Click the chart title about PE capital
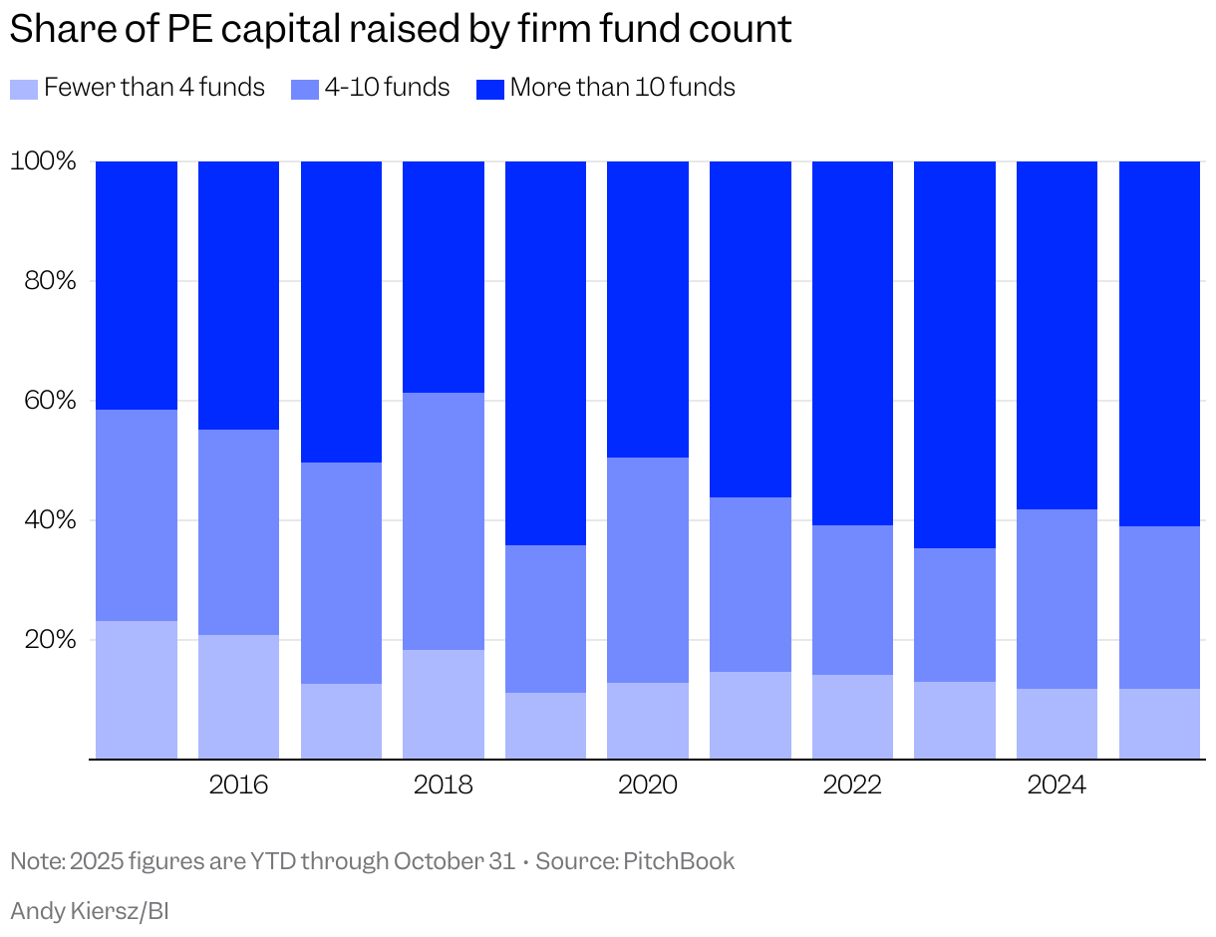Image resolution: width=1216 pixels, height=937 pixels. [x=401, y=29]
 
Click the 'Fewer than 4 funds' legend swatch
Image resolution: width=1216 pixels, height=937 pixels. [x=24, y=89]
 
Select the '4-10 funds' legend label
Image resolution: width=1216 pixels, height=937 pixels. [x=387, y=88]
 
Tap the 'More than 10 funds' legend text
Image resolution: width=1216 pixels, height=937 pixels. [x=622, y=88]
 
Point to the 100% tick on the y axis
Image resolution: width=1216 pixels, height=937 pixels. [x=43, y=160]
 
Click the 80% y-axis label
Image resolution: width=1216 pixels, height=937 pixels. [x=50, y=280]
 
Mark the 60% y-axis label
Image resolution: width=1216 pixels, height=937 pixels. [x=50, y=400]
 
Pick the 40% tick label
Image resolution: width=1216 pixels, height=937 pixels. [x=50, y=519]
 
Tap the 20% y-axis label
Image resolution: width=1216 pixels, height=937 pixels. [x=50, y=639]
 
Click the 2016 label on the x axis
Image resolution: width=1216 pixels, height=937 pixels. [x=238, y=785]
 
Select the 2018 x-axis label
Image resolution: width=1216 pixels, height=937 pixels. [x=443, y=785]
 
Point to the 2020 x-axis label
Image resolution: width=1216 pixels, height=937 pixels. [x=647, y=785]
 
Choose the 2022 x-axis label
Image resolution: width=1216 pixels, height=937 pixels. [x=852, y=785]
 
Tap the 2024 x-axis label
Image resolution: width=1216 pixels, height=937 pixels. [x=1057, y=785]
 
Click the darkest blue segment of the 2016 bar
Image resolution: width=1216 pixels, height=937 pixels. [x=238, y=295]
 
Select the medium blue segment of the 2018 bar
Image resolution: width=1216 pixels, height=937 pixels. [x=443, y=520]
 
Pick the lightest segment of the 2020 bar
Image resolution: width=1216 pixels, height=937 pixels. [x=647, y=720]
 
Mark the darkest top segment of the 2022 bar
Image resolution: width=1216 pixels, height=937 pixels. [x=852, y=343]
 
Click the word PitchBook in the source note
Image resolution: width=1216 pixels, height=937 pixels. [x=679, y=861]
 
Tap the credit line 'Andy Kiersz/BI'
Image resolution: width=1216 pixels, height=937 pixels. [x=90, y=910]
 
